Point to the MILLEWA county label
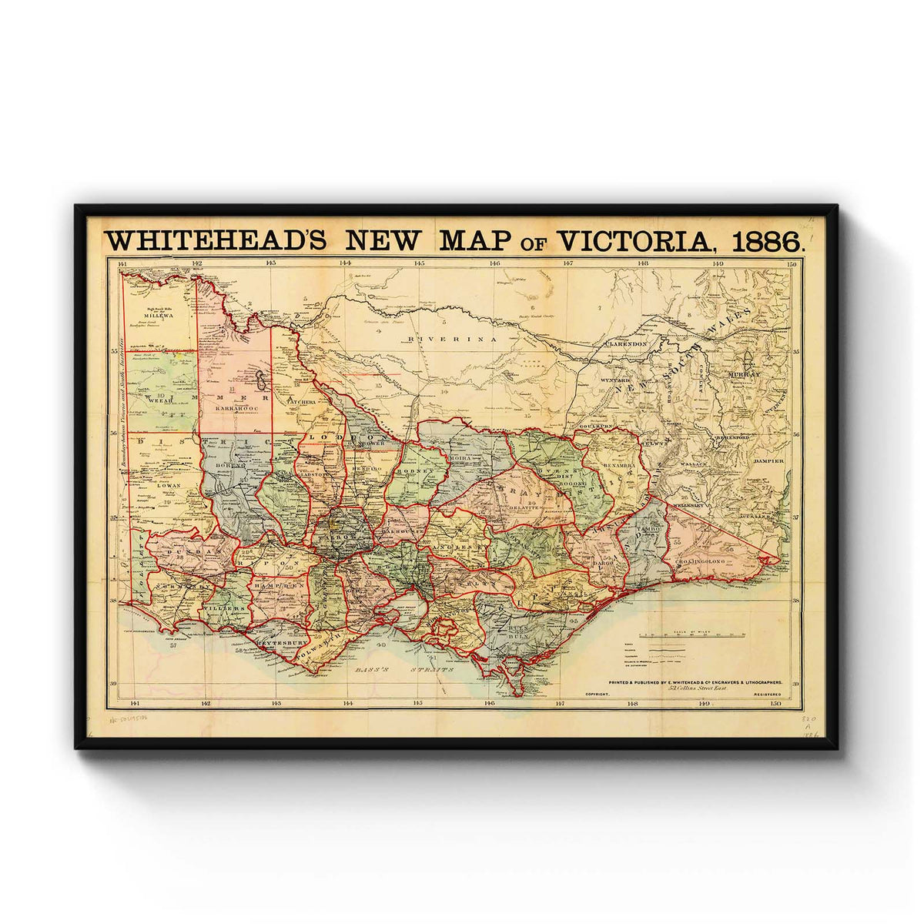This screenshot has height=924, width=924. point(157,314)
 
